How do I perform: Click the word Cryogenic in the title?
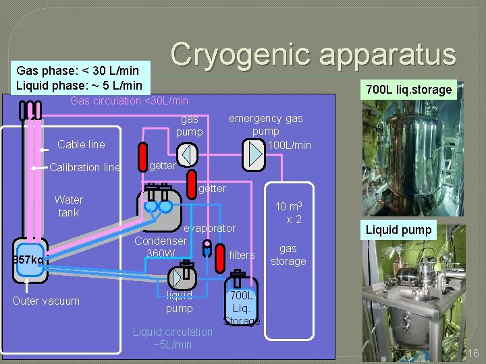tap(240, 55)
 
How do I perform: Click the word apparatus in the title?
tap(387, 55)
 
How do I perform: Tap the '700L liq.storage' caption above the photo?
tap(408, 90)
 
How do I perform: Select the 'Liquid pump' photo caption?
tap(398, 230)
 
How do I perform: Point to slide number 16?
tap(473, 353)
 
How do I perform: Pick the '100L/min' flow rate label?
tap(290, 145)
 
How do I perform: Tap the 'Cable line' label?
tap(81, 144)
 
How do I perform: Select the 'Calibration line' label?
tap(85, 168)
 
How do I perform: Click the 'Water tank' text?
tap(68, 206)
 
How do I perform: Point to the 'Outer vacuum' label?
tap(46, 301)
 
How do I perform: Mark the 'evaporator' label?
tap(210, 229)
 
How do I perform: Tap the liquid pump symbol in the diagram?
tap(181, 277)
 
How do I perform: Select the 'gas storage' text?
tap(288, 255)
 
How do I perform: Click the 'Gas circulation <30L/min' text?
tap(130, 101)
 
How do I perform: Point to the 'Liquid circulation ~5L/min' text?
tap(172, 338)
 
